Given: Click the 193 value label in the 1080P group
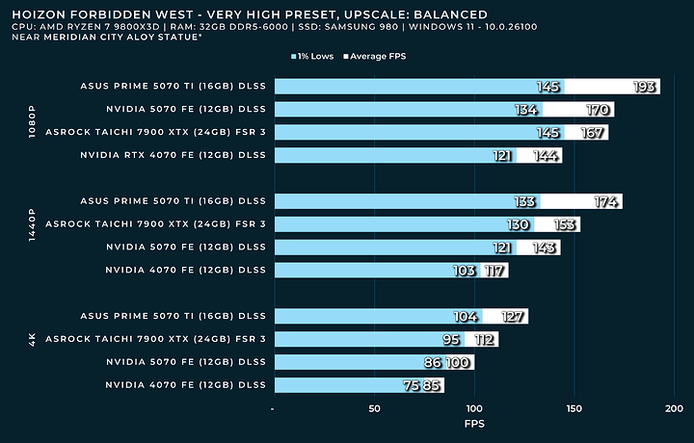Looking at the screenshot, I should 645,87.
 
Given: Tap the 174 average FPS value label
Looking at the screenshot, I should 606,201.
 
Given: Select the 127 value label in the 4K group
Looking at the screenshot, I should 512,316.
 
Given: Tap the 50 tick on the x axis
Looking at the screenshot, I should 374,408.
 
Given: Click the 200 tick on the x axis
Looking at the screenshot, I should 674,408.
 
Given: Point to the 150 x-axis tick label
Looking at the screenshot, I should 574,408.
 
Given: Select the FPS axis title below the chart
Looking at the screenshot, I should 473,424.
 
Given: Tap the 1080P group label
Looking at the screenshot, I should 32,120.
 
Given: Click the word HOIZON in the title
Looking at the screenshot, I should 38,14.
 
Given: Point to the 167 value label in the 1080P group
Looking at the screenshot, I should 593,133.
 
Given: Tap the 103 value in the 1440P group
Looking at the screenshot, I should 465,271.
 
